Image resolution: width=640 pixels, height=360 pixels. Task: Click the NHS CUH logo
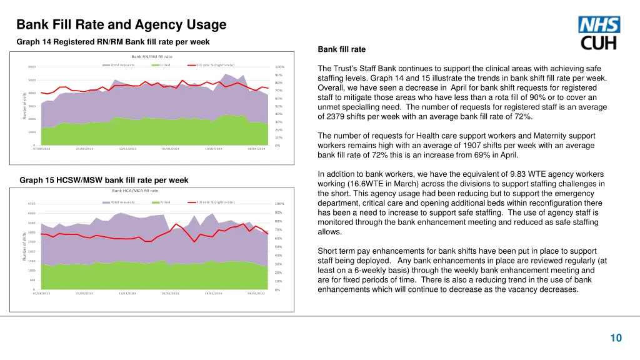coord(599,33)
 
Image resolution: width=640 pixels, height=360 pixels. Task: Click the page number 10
coord(616,338)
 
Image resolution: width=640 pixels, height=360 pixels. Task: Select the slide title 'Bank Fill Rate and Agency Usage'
coord(121,25)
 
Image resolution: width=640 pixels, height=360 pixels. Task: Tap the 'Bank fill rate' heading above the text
coord(341,49)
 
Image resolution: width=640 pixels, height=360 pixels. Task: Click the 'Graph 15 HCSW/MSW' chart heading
coord(104,181)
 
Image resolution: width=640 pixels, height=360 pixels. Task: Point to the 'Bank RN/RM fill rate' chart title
coord(152,57)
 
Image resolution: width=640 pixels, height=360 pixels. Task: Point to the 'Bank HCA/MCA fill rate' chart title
coord(135,191)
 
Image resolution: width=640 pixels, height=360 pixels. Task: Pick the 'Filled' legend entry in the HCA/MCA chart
coord(166,202)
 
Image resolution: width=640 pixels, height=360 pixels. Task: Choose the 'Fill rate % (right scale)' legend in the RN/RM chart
coord(215,65)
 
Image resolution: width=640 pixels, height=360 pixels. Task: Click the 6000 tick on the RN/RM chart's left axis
coord(32,67)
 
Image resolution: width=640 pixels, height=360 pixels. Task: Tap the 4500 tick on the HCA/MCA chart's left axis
coord(32,204)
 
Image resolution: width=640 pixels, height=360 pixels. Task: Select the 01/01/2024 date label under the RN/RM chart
coord(171,149)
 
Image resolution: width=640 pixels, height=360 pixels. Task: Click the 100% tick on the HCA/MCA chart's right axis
coord(279,204)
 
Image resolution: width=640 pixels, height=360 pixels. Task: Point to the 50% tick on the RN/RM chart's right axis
coord(279,107)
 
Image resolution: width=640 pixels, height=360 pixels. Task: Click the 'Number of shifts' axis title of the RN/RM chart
coord(25,105)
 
